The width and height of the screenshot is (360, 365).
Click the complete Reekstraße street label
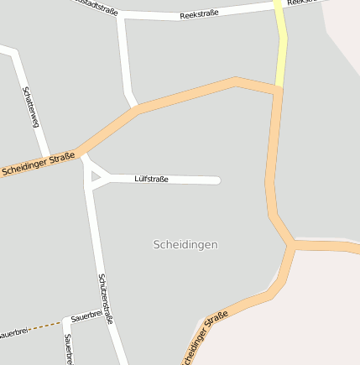[x=199, y=15]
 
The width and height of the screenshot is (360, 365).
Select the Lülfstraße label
[x=151, y=179]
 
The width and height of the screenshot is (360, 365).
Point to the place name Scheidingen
[x=185, y=244]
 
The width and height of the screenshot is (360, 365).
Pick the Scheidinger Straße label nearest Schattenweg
[x=38, y=163]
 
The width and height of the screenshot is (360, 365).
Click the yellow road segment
[x=280, y=42]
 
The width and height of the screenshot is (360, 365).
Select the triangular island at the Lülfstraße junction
[x=97, y=177]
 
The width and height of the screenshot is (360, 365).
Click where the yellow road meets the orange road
[x=278, y=86]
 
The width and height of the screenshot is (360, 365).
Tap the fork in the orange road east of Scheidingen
[x=292, y=244]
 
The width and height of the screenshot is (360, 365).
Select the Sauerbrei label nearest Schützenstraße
[x=86, y=317]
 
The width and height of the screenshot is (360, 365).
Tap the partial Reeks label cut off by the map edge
[x=302, y=3]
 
